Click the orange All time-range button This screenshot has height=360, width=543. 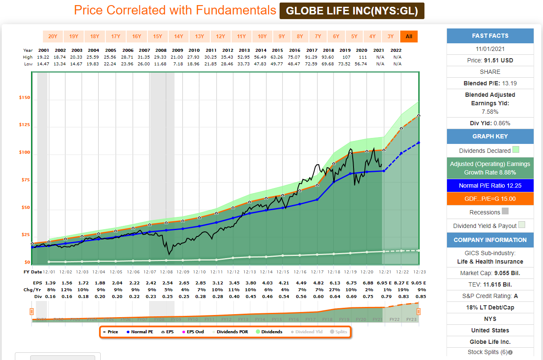click(x=409, y=37)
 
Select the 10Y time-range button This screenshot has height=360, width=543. click(x=262, y=37)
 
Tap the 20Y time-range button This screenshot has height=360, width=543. click(x=53, y=37)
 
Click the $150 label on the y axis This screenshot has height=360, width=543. click(x=24, y=98)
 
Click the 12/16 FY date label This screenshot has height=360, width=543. click(x=300, y=272)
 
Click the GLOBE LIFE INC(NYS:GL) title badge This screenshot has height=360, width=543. click(x=352, y=11)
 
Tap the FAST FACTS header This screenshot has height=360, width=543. click(x=490, y=36)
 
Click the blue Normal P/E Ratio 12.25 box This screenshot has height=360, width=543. click(x=490, y=186)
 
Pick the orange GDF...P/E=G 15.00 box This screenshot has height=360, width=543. click(x=490, y=199)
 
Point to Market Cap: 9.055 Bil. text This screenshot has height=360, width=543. click(x=490, y=273)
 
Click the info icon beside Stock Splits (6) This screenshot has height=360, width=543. click(x=510, y=352)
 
